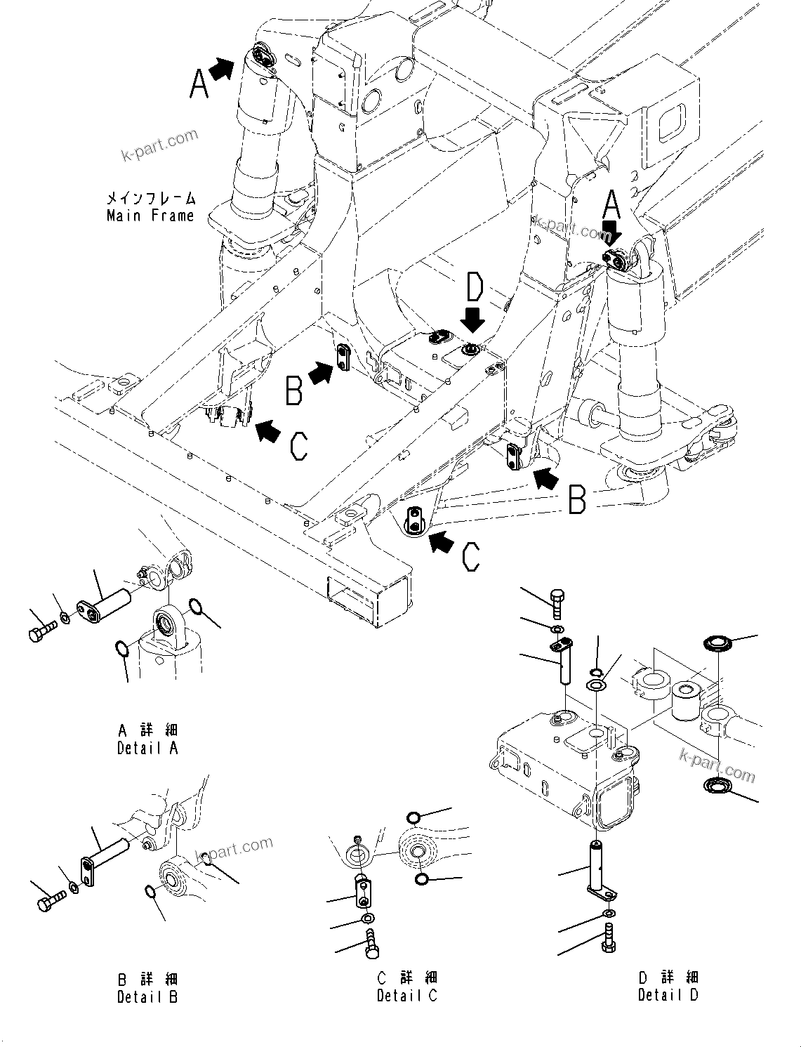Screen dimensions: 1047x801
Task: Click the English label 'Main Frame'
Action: tap(150, 216)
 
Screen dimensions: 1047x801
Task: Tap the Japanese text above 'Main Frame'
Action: tap(151, 198)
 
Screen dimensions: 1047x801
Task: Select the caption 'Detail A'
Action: tap(147, 748)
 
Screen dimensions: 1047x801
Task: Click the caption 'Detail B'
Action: tap(147, 996)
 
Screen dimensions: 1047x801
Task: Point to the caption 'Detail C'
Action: tap(406, 995)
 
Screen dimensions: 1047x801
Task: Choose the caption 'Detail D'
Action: tap(668, 994)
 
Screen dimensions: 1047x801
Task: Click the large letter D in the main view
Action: tap(475, 288)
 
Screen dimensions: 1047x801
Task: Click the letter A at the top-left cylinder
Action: tap(199, 86)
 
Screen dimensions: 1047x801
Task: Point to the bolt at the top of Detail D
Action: tap(557, 603)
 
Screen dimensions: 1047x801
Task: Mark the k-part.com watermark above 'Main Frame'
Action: tap(160, 145)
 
